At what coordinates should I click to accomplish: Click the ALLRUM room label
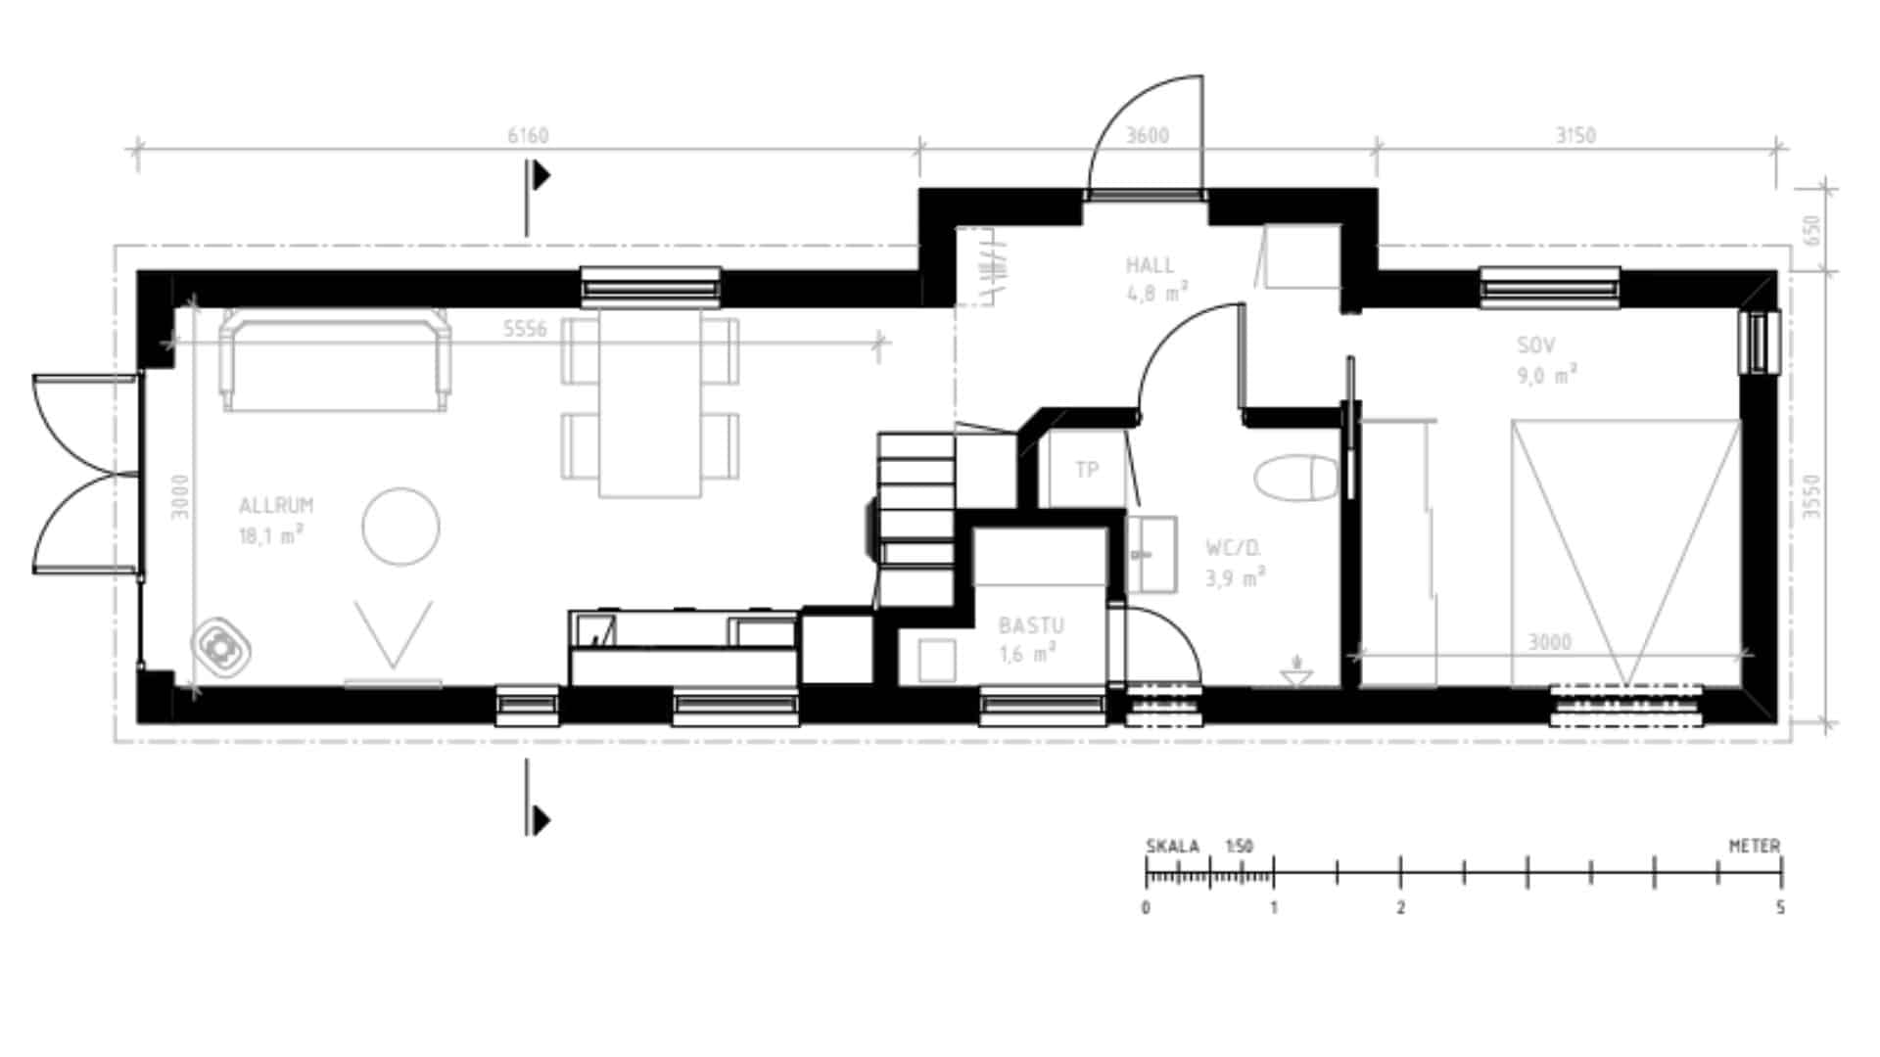point(276,506)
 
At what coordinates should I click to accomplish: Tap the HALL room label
point(1150,265)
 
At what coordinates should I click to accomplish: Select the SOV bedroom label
point(1536,345)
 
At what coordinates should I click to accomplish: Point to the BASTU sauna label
point(1031,625)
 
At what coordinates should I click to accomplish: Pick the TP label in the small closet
point(1087,470)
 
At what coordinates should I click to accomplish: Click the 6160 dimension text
point(528,135)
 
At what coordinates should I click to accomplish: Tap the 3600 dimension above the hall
point(1148,135)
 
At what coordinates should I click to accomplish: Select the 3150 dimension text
point(1576,135)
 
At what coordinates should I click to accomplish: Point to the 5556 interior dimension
point(525,329)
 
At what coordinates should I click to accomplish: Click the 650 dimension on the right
point(1811,231)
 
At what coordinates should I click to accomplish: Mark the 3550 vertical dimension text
point(1811,496)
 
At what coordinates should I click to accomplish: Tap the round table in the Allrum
point(400,527)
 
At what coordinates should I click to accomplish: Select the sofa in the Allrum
point(336,359)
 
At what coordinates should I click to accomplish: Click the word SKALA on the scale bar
point(1172,847)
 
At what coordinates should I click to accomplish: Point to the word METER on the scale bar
point(1755,846)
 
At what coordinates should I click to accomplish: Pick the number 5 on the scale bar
point(1780,907)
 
